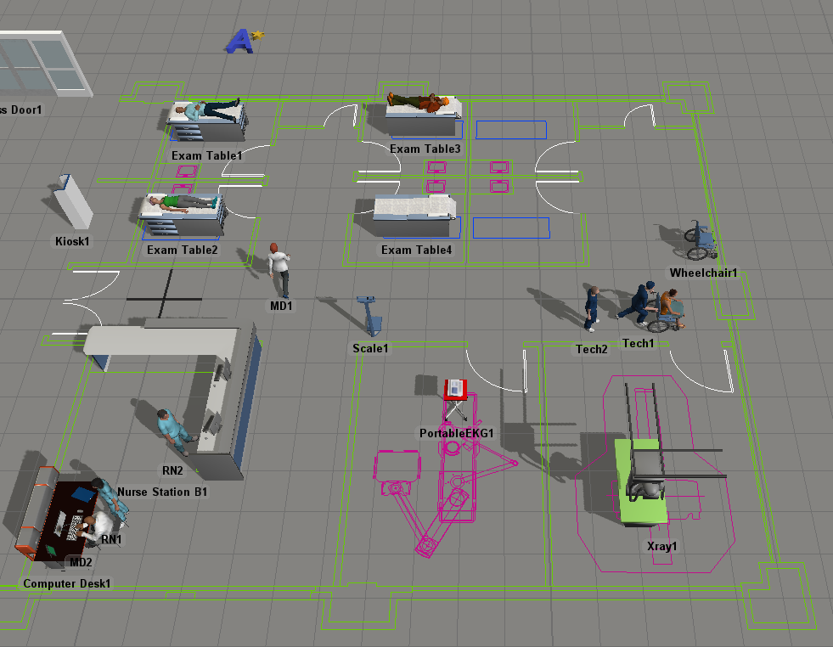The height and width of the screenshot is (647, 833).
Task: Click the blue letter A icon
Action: (x=242, y=41)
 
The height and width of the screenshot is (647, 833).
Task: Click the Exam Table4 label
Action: (x=417, y=250)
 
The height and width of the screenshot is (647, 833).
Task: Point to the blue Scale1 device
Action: (x=371, y=315)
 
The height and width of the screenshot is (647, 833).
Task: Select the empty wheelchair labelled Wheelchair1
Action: (x=701, y=241)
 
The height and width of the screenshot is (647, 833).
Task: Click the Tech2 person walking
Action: (x=591, y=307)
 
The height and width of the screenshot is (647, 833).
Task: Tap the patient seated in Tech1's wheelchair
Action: (x=669, y=307)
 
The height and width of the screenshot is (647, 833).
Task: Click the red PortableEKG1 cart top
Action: (x=455, y=389)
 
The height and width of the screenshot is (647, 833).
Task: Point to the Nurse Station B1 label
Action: (x=162, y=492)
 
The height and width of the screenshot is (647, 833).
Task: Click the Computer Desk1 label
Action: (x=67, y=584)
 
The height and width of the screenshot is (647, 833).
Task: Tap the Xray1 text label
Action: (x=662, y=546)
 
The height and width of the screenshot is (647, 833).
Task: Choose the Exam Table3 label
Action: (x=425, y=149)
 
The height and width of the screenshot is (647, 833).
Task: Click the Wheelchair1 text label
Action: (x=704, y=273)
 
